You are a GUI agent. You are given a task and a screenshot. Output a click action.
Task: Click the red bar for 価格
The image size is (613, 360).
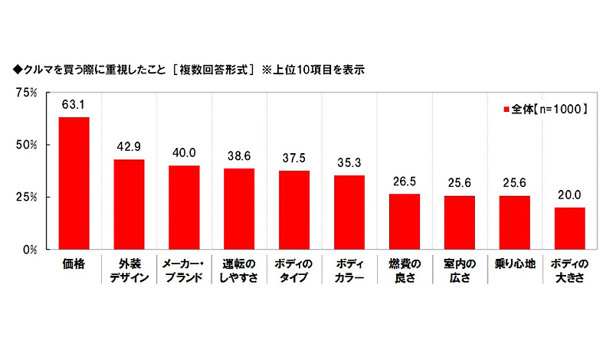pos(74,183)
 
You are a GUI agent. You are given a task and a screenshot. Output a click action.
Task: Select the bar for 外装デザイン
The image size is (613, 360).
pos(129,204)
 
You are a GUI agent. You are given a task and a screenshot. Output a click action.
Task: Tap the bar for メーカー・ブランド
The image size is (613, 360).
pos(184,207)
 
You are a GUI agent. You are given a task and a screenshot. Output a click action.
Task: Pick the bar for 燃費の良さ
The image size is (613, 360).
pos(405,221)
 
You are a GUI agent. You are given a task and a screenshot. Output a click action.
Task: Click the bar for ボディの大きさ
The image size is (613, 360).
pos(570,228)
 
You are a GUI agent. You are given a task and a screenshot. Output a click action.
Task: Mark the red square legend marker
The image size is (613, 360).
pos(506,110)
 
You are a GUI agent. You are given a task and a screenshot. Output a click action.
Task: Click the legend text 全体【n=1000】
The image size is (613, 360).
pos(549,110)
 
